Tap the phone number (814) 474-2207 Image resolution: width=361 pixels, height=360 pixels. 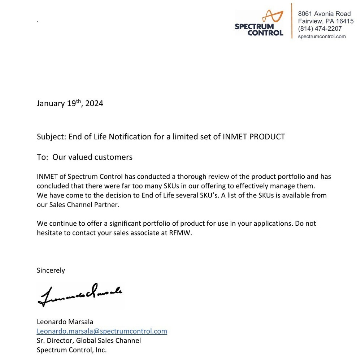coord(319,29)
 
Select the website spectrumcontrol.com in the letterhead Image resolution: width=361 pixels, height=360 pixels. coord(322,36)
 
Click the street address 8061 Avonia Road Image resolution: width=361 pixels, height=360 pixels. coord(324,14)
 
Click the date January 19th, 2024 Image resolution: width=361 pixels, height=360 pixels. coord(70,104)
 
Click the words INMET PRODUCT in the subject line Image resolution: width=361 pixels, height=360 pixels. coord(255,137)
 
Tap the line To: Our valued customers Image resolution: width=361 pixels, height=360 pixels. coord(84,157)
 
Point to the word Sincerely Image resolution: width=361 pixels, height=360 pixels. coord(51,270)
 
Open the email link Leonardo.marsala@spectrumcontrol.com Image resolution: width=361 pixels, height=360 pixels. coord(102,331)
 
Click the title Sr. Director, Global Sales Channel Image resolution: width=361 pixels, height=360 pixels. coord(89,341)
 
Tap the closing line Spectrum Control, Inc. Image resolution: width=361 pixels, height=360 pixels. coord(71,350)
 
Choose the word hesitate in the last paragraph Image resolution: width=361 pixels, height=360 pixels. coord(49,233)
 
